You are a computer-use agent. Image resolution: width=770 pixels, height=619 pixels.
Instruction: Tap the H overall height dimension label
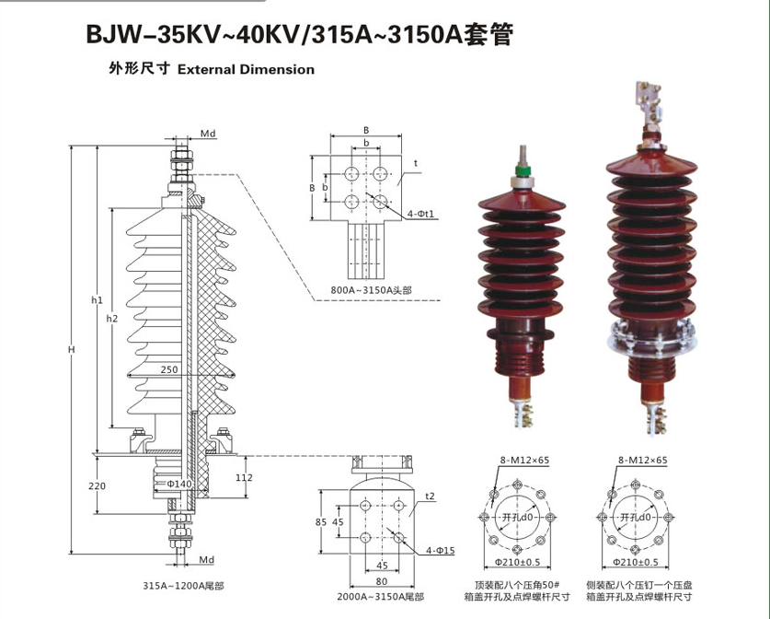coord(70,349)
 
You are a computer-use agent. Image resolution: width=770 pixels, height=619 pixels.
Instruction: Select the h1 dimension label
coord(97,300)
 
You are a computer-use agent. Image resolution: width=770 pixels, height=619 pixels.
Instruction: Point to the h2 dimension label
coord(112,318)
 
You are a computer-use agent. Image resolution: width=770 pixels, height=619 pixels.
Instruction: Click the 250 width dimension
coord(168,369)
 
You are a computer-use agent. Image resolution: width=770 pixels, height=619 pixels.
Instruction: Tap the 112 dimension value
coord(243,477)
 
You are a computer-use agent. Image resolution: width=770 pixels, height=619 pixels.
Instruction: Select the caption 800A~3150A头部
coord(373,290)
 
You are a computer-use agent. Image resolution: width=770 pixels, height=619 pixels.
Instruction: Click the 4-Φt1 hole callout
coord(420,214)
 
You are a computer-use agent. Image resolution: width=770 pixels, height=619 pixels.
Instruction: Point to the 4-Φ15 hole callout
coord(440,552)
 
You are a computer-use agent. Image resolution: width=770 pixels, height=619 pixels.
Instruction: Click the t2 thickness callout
coord(429,496)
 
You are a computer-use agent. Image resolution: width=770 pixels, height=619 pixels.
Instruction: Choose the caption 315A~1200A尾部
coord(183,585)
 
